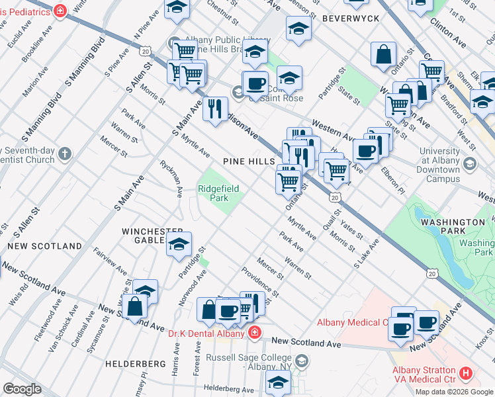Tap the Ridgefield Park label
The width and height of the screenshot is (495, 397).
point(218,193)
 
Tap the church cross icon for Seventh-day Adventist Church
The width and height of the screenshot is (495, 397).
point(64,154)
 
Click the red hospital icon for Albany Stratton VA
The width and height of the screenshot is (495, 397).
point(466,374)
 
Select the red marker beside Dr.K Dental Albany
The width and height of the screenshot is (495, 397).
point(253,333)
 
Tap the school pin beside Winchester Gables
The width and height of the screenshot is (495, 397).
point(179,243)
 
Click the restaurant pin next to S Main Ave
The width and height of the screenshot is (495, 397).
point(215,109)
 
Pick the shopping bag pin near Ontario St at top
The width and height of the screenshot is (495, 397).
point(384,55)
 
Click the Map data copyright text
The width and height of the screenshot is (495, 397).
point(454,392)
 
